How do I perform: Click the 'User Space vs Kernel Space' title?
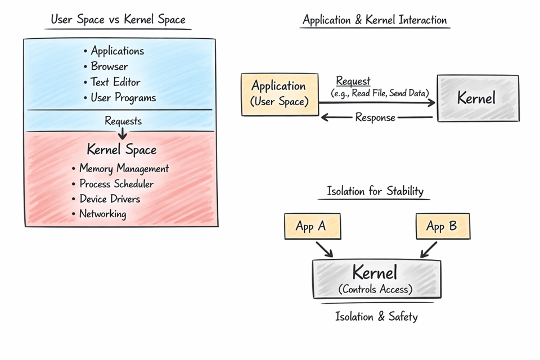point(118,20)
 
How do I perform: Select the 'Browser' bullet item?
point(109,66)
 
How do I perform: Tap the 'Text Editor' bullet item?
point(115,82)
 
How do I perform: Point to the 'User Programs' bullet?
point(123,98)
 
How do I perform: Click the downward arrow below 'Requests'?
point(122,134)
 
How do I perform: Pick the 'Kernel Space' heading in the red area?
point(121,150)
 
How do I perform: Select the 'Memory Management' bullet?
point(123,168)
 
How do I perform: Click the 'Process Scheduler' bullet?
point(116,184)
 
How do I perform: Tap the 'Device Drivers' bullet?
point(109,199)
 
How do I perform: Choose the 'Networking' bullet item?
point(102,214)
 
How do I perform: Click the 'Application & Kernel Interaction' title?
point(375,20)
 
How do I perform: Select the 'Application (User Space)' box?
point(278,93)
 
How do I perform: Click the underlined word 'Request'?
point(353,82)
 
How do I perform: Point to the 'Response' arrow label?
point(375,118)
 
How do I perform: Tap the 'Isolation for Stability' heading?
point(375,191)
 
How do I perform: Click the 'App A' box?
point(311,227)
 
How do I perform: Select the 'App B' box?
point(442,227)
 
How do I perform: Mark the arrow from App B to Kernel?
point(429,249)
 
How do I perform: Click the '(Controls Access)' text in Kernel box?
point(375,290)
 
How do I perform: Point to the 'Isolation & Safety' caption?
point(376,317)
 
